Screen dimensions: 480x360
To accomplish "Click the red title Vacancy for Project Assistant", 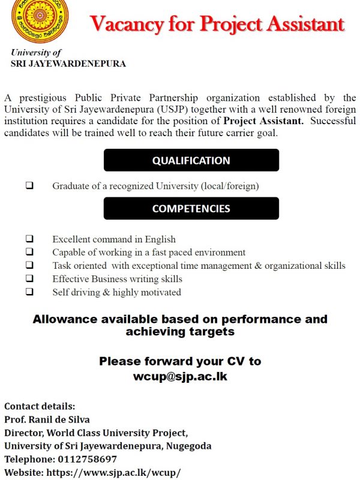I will [217, 24].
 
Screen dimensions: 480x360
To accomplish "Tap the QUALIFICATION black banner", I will [191, 160].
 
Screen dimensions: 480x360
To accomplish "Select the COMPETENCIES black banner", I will [191, 209].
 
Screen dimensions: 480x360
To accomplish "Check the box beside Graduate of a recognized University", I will [29, 186].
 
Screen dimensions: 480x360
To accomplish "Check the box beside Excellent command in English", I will [29, 239].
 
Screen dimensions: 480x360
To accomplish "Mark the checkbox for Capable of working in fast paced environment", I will [29, 253].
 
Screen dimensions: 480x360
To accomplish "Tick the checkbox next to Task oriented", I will [29, 265].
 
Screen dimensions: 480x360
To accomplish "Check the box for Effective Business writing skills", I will [29, 278].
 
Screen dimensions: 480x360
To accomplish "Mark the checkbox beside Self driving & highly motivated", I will [29, 292].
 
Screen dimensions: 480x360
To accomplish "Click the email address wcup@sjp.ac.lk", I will [180, 377].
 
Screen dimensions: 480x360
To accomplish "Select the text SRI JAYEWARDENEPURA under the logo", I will [68, 64].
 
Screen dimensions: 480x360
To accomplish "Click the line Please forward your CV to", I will [180, 361].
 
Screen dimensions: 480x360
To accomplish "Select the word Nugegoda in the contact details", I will [188, 446].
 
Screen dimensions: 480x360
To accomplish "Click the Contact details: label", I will [40, 406].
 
